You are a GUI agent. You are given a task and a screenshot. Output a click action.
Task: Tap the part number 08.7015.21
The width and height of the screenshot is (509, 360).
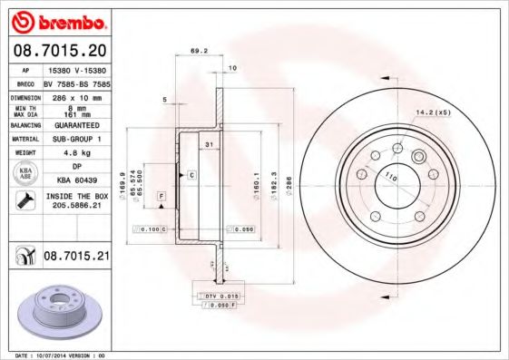(x=75, y=258)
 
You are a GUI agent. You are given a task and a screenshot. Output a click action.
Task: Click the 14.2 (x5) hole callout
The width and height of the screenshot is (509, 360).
(x=432, y=112)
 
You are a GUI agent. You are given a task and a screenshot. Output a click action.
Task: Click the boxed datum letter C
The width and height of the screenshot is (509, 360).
(x=191, y=173)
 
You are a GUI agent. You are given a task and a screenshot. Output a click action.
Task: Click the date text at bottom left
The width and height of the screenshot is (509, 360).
(x=54, y=355)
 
